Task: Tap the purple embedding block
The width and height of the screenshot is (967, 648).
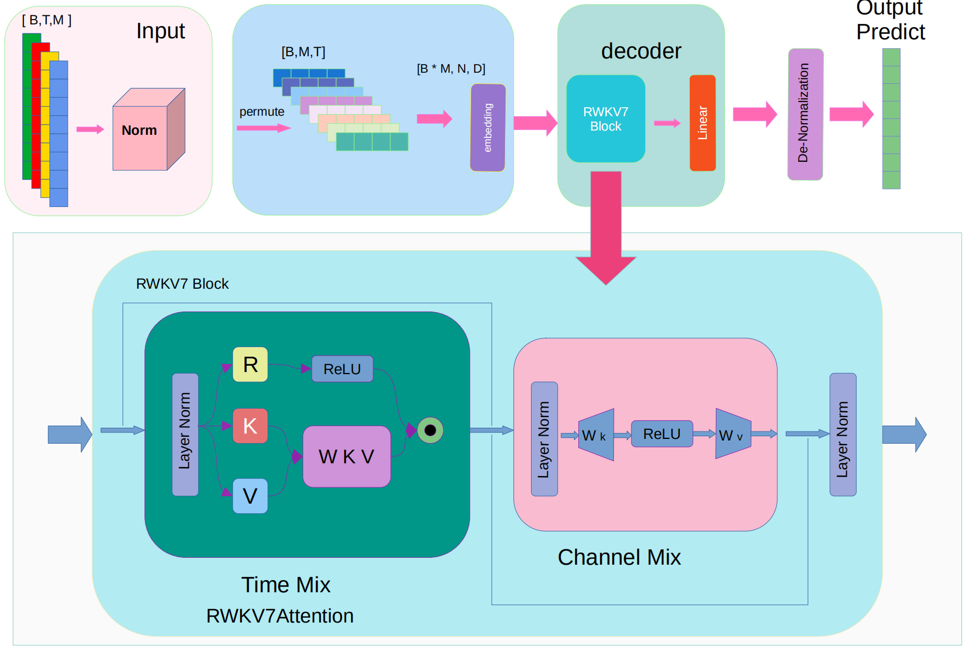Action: (487, 127)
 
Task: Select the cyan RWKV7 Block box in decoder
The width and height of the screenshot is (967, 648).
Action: (605, 119)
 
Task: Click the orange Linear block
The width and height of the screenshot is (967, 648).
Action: (702, 123)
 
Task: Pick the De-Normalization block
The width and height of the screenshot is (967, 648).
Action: (805, 114)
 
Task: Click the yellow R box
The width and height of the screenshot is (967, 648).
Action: (250, 365)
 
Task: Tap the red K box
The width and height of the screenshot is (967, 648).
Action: (250, 426)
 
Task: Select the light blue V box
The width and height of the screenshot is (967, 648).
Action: (250, 496)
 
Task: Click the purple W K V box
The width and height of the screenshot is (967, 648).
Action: (346, 456)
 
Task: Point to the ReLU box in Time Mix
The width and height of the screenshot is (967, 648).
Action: (342, 369)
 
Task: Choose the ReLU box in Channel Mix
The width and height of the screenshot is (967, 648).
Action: (662, 434)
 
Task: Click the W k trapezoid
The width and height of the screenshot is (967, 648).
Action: (596, 435)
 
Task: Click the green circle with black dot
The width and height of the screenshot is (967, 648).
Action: (430, 430)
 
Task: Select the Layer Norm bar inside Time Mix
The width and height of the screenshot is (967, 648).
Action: (185, 434)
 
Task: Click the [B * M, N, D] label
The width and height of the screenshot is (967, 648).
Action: (451, 68)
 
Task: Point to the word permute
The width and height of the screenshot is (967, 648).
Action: (262, 111)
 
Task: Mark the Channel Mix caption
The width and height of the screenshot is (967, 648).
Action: (619, 557)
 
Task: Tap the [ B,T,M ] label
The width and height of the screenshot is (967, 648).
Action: (47, 20)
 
